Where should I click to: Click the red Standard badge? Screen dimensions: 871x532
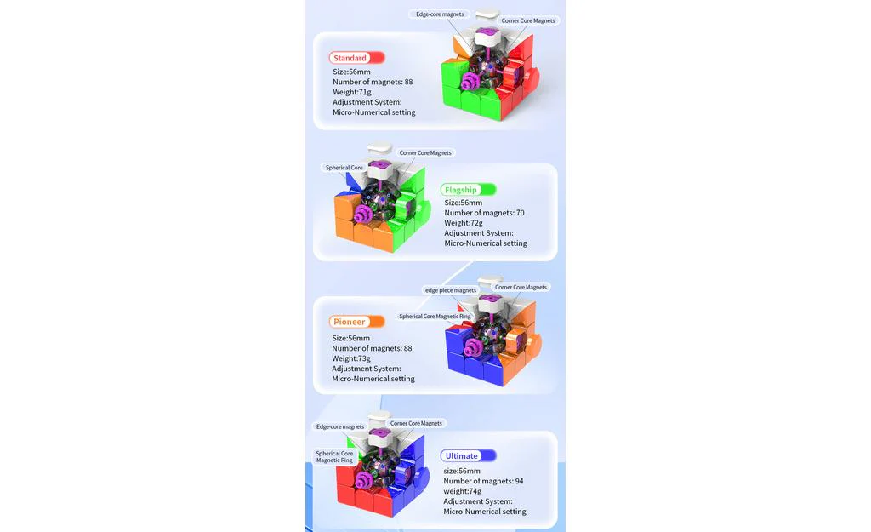[x=356, y=58]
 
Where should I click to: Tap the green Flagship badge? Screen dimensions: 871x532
[x=469, y=190]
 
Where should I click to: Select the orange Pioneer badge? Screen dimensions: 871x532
[x=356, y=321]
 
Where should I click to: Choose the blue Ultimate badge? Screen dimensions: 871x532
[x=469, y=456]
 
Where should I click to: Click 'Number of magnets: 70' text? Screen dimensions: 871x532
[x=484, y=213]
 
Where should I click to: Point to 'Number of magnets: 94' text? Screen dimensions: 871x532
[x=483, y=481]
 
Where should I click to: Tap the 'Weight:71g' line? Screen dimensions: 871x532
[x=351, y=92]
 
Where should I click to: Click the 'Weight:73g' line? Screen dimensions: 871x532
[x=351, y=358]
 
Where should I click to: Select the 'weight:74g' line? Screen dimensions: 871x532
[x=462, y=491]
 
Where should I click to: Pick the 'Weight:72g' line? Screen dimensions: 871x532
[x=464, y=223]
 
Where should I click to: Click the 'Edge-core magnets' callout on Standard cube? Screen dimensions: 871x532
[x=440, y=14]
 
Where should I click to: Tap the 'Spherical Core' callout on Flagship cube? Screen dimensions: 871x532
[x=344, y=168]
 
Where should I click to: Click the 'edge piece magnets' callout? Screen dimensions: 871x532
[x=451, y=290]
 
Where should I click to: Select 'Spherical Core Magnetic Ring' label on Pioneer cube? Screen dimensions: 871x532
[x=435, y=317]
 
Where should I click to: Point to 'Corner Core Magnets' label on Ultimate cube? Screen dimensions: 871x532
[x=416, y=423]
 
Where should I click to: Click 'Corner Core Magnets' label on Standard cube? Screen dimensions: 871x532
[x=527, y=20]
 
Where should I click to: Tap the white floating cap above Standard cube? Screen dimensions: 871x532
[x=487, y=14]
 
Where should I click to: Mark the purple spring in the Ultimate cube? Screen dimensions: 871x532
[x=365, y=481]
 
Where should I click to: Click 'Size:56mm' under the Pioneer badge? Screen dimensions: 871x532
[x=350, y=338]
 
